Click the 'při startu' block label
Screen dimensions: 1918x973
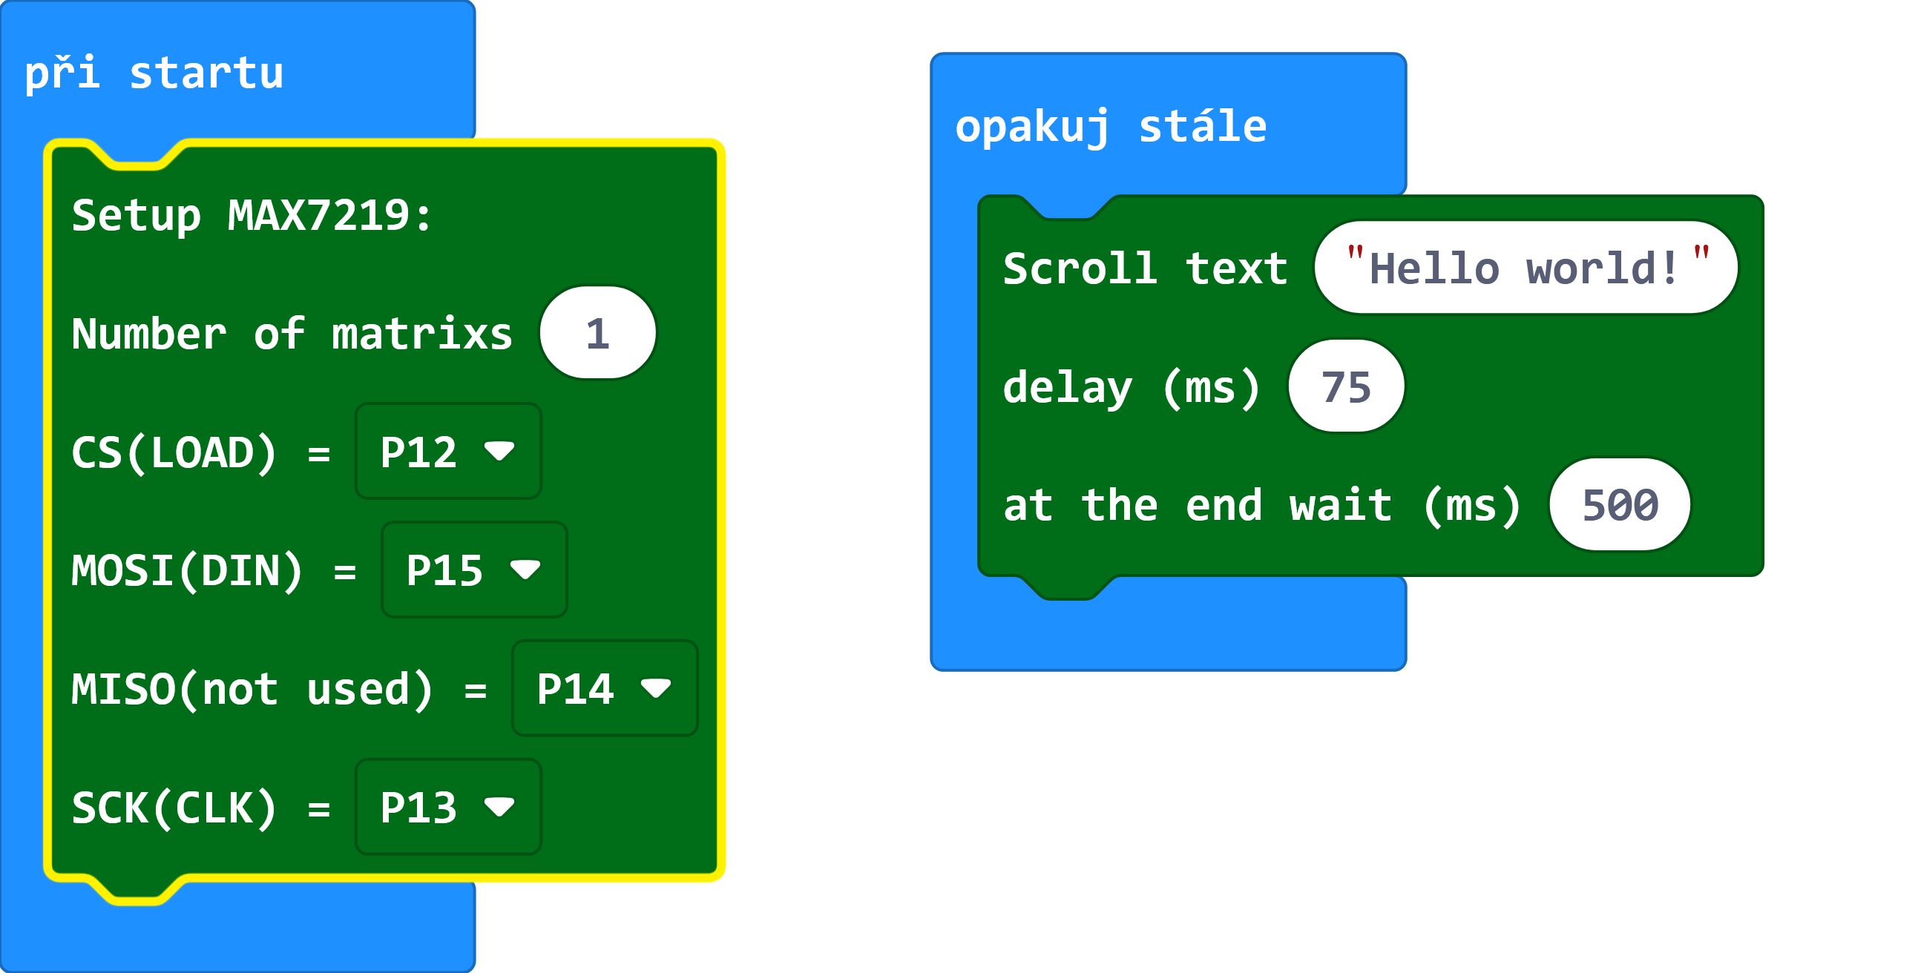tap(154, 73)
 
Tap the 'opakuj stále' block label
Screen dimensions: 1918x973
tap(1111, 128)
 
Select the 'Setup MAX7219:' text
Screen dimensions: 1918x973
tap(252, 215)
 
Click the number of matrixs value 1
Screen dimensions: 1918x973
tap(598, 333)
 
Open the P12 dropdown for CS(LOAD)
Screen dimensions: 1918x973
tap(448, 451)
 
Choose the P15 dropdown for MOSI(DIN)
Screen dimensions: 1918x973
tap(474, 570)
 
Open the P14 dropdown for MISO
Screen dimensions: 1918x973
tap(605, 688)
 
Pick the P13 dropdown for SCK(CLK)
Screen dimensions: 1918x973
tap(448, 806)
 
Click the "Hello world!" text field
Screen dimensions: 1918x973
tap(1526, 267)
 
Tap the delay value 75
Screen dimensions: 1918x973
tap(1346, 386)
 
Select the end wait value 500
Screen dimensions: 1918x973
tap(1620, 505)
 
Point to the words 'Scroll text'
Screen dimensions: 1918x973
tap(1145, 268)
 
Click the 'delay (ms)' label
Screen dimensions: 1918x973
tap(1132, 388)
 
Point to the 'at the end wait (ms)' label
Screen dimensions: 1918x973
tap(1262, 507)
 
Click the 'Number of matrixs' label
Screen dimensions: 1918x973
tap(292, 334)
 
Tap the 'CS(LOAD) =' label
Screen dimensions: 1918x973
tap(201, 452)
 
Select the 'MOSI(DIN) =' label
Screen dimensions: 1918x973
tap(214, 571)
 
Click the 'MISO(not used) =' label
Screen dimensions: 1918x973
tap(279, 690)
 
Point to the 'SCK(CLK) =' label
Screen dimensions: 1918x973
tap(201, 808)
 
